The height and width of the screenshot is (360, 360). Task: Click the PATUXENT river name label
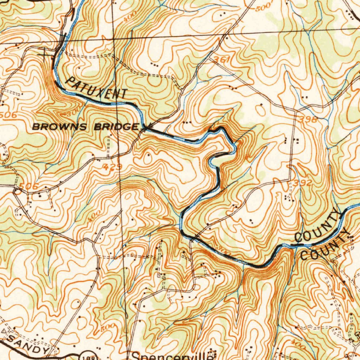pyautogui.click(x=96, y=88)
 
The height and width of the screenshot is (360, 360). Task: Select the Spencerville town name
pyautogui.click(x=172, y=356)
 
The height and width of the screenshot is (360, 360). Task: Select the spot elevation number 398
pyautogui.click(x=308, y=120)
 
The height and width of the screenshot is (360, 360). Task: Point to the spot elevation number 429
pyautogui.click(x=113, y=167)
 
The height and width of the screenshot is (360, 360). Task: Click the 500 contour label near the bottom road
pyautogui.click(x=107, y=328)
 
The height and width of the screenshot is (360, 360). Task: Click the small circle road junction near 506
pyautogui.click(x=17, y=192)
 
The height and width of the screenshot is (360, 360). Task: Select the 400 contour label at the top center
pyautogui.click(x=130, y=17)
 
